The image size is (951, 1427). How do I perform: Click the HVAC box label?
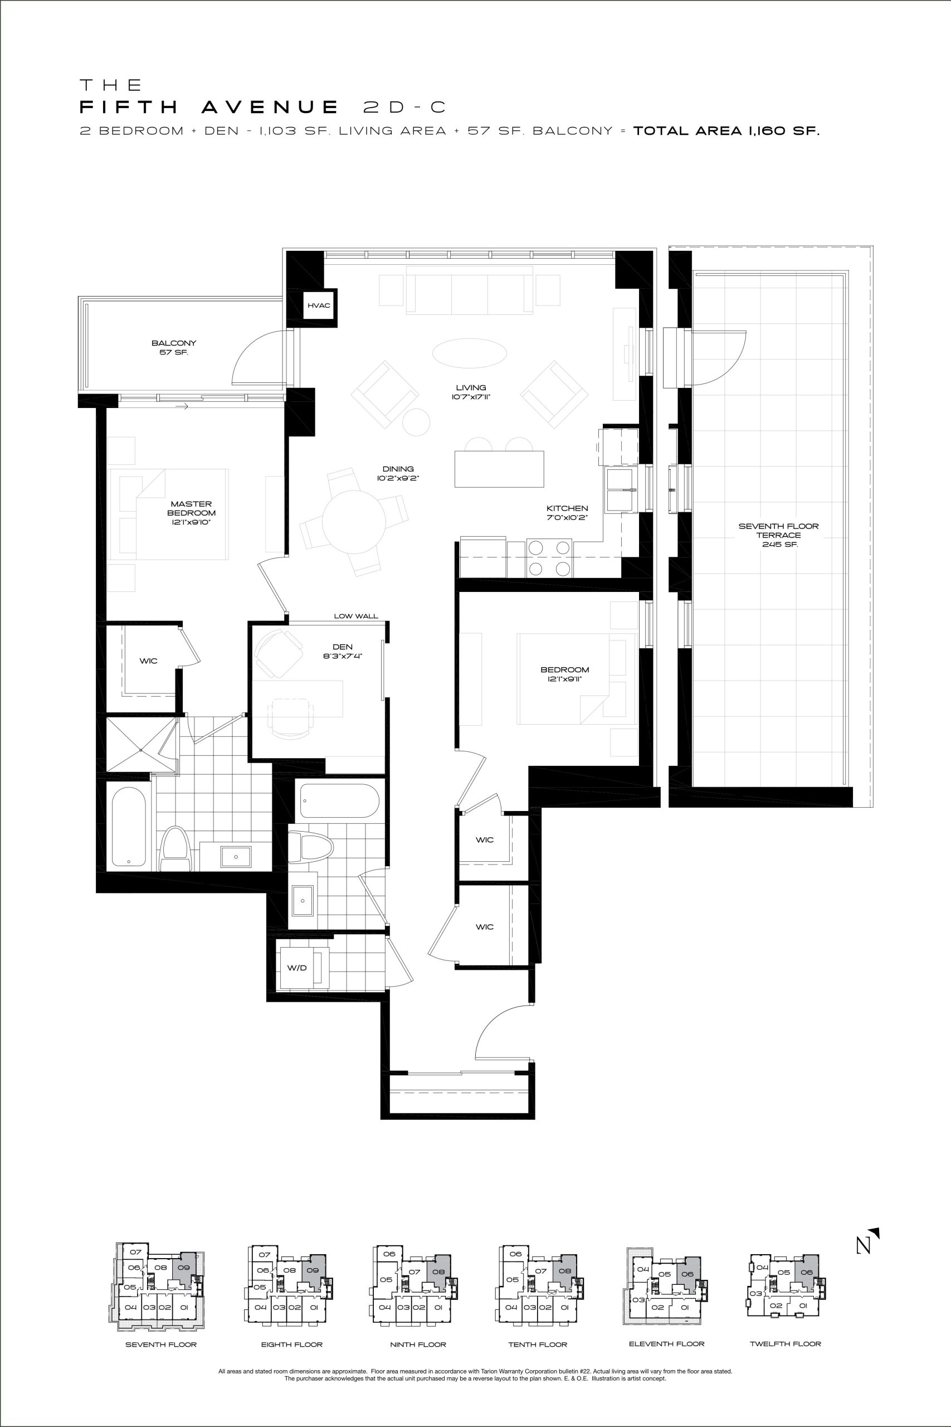(319, 305)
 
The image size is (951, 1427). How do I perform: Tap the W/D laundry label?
(296, 968)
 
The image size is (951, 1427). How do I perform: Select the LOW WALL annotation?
(356, 616)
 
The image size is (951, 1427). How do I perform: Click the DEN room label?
(343, 651)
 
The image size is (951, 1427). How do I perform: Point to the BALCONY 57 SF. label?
(174, 348)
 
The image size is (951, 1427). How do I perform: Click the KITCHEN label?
(567, 513)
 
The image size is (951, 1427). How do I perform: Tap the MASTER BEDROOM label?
(191, 513)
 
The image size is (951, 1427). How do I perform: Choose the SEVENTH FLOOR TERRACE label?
(778, 535)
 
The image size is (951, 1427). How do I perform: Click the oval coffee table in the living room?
(470, 352)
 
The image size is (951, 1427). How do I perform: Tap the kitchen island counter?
(499, 469)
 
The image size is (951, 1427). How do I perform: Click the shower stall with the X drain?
(142, 745)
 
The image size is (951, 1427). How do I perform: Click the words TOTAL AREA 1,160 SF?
(726, 130)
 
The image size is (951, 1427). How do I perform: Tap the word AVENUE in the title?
(270, 108)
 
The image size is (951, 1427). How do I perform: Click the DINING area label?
(398, 473)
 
